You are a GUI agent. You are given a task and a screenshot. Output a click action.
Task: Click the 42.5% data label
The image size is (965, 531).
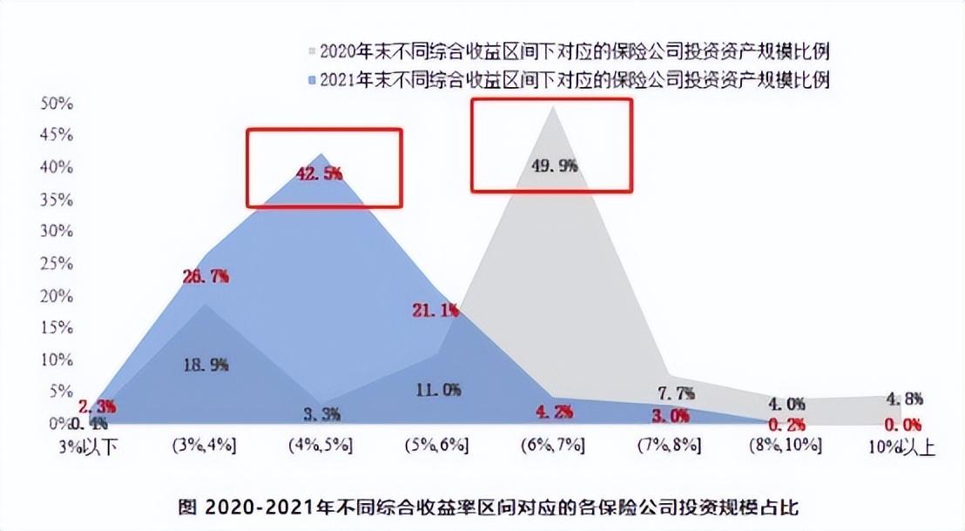pos(320,173)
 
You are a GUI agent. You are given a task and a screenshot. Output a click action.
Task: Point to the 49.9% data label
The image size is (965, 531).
pos(554,165)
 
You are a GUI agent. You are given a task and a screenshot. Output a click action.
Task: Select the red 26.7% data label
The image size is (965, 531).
pos(206,277)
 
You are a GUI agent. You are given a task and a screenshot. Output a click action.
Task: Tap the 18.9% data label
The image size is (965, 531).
pos(206,366)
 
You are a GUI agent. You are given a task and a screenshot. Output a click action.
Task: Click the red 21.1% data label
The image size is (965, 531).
pos(435,311)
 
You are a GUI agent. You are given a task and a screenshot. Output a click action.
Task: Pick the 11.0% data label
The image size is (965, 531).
pos(437,390)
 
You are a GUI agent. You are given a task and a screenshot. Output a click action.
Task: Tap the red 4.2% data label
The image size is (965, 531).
pos(554,412)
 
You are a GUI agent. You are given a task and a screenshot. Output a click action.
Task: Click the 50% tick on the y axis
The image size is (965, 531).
pos(57,104)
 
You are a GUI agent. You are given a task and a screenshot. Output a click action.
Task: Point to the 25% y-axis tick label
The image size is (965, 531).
pos(57,264)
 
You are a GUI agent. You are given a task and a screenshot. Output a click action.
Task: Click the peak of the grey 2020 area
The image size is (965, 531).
pos(553,107)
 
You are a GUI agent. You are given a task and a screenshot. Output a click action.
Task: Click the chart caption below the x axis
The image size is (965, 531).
pos(488,506)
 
